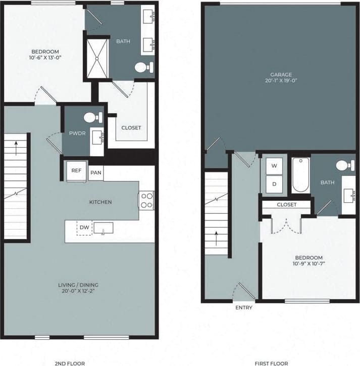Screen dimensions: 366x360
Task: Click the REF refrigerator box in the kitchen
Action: point(77,171)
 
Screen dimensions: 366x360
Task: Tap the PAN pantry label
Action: point(96,173)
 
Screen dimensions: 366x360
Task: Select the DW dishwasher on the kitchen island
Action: point(84,228)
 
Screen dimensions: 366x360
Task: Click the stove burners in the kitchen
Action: point(146,200)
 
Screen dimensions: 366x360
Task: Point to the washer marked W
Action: point(274,166)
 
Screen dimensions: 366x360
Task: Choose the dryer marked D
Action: point(274,184)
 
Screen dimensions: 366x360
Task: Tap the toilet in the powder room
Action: point(91,117)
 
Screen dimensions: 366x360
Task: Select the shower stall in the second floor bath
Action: point(97,59)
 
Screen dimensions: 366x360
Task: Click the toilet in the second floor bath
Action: point(144,67)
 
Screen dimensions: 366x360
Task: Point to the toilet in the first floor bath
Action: point(345,165)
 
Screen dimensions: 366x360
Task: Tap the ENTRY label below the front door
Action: point(243,307)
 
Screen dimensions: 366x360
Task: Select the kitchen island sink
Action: point(103,228)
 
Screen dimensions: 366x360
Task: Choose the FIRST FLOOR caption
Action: point(272,363)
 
